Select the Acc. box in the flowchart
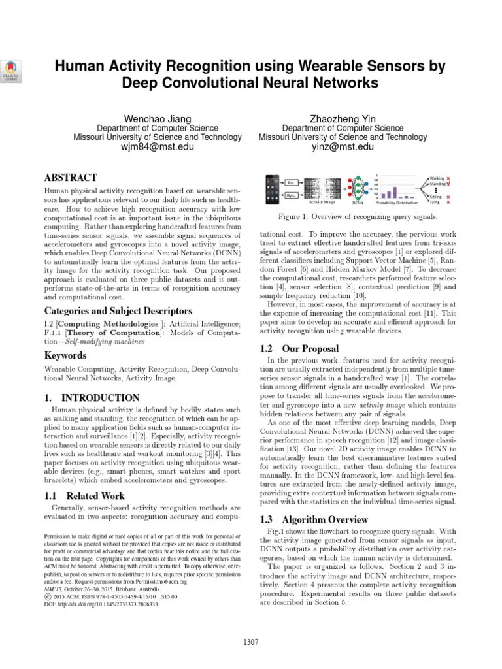click(292, 182)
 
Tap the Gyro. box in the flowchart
click(292, 195)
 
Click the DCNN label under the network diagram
click(357, 203)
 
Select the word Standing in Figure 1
click(439, 184)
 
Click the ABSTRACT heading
click(71, 178)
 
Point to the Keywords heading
click(65, 356)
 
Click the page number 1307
click(251, 641)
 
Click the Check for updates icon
click(12, 69)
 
